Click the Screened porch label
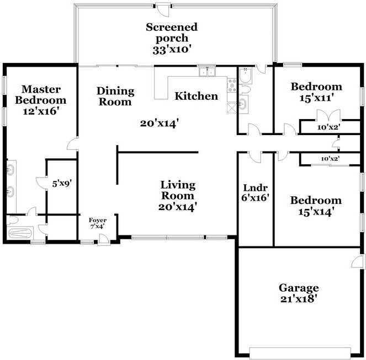click(x=172, y=33)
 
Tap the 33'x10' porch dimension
click(x=172, y=50)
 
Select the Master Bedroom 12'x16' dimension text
click(x=40, y=111)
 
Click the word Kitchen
click(x=197, y=96)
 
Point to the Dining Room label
click(x=115, y=96)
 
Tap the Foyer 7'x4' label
click(x=98, y=223)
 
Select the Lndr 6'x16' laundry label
click(x=256, y=192)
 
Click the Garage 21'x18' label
click(x=299, y=293)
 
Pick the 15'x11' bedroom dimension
click(x=316, y=98)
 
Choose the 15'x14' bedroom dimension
click(x=316, y=212)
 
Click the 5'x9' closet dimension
click(x=62, y=184)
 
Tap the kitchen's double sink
click(x=207, y=72)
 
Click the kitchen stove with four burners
click(x=232, y=85)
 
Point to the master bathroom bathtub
click(x=20, y=233)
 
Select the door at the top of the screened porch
click(x=163, y=10)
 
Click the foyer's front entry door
click(x=103, y=240)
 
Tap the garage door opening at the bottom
click(x=300, y=353)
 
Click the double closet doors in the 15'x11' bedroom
click(x=328, y=115)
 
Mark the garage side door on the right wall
click(x=358, y=261)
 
